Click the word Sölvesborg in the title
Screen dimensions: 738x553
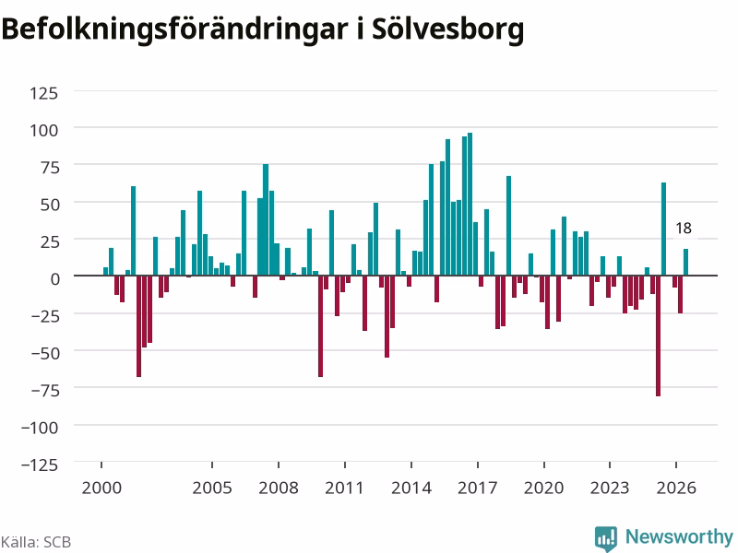pos(447,29)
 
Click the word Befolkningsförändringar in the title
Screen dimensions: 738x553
pos(175,29)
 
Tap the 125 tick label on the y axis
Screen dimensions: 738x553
pos(43,93)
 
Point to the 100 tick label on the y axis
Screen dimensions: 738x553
pos(43,130)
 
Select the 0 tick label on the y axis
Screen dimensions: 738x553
pos(55,279)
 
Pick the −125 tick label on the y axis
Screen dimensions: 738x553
pos(40,465)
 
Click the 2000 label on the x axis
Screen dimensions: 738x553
pos(101,488)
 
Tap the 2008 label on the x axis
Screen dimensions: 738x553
pos(279,488)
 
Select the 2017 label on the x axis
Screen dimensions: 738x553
pos(477,488)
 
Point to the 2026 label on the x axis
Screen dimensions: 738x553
pos(676,488)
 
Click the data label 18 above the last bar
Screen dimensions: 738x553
pos(684,229)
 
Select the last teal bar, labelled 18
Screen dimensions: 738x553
pos(685,262)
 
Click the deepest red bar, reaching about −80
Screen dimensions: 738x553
pos(658,335)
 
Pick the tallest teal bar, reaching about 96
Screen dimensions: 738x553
pos(470,204)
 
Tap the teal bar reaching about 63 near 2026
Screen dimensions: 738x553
pos(663,229)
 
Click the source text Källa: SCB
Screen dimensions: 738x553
pos(36,542)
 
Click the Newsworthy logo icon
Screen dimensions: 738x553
pos(606,537)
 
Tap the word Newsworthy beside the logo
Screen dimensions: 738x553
pos(679,536)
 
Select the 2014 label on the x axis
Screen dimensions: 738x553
pos(411,488)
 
